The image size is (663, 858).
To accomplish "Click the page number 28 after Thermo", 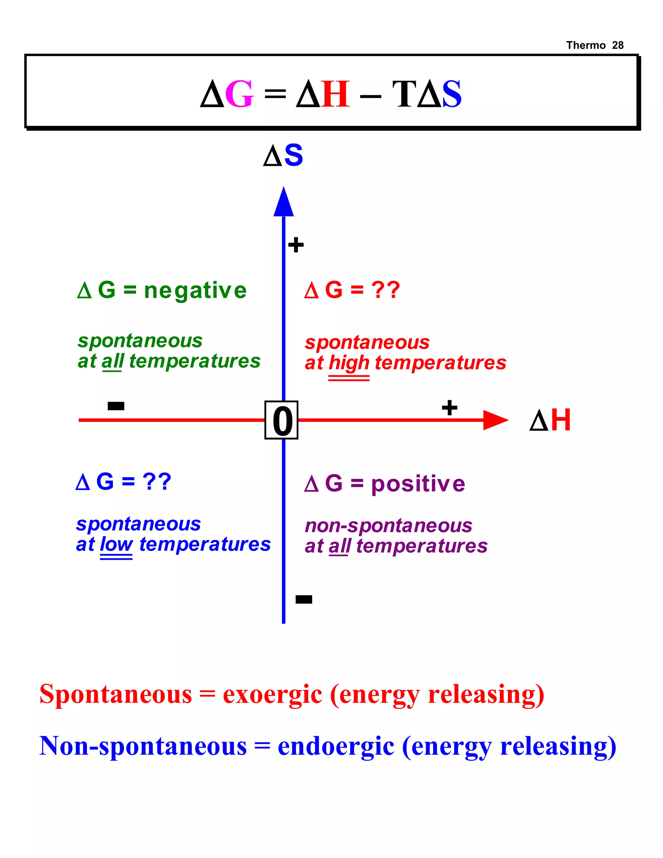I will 618,45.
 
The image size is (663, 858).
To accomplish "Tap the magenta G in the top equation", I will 239,94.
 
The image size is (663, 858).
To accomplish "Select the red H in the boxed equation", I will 335,94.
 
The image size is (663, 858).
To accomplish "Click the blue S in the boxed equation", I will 451,94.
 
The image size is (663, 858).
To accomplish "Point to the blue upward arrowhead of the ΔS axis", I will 284,202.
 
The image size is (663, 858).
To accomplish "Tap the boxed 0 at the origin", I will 282,420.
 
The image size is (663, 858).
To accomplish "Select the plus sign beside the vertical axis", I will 296,245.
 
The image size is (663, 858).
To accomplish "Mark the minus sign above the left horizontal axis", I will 116,406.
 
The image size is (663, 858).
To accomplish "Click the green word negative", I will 195,291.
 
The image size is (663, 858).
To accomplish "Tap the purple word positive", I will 418,484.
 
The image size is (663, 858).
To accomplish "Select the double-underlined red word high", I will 349,363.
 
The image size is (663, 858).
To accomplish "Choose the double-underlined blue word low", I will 116,545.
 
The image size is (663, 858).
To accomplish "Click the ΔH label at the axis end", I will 550,420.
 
